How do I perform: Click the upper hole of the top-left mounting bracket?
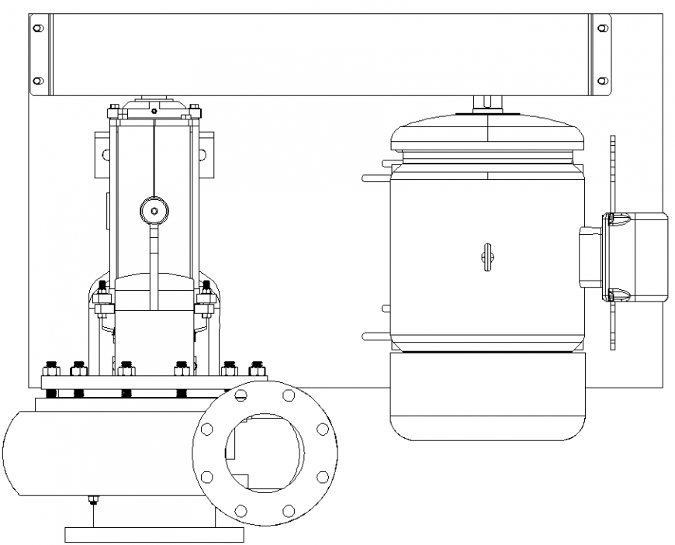(37, 27)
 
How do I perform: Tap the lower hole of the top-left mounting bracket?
(37, 80)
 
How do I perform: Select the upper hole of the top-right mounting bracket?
(603, 27)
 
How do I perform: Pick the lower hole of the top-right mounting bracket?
(603, 80)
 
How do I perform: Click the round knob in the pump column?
(154, 209)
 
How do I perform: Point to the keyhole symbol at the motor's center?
(486, 257)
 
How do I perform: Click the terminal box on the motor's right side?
(635, 256)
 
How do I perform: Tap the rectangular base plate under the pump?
(154, 534)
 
